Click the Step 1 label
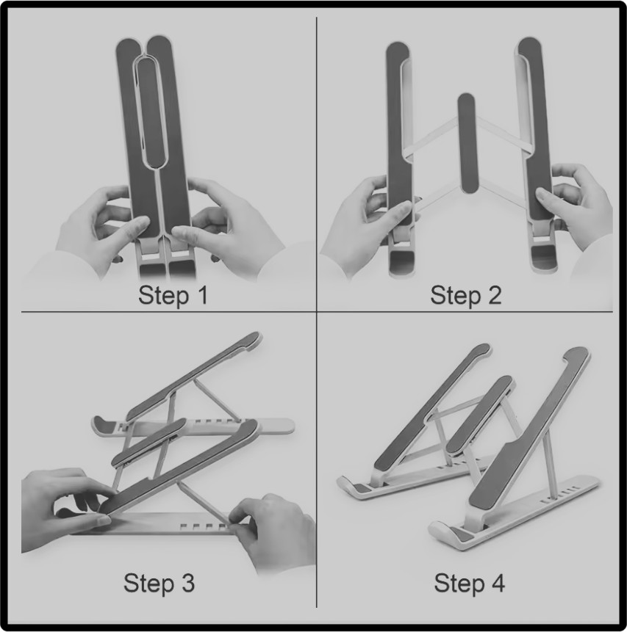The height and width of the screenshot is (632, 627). (x=173, y=295)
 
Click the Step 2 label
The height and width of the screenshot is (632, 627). (x=465, y=295)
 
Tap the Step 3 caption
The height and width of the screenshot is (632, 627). (x=159, y=583)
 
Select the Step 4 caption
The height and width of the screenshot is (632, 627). (x=469, y=583)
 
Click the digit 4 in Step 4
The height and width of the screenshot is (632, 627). (x=498, y=582)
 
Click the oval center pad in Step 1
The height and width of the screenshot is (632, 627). (x=150, y=112)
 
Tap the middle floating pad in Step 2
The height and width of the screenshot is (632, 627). (x=467, y=143)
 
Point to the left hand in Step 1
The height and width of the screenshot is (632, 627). (x=105, y=226)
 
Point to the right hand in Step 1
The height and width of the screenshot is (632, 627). (x=228, y=226)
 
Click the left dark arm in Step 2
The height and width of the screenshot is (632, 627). (x=399, y=137)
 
